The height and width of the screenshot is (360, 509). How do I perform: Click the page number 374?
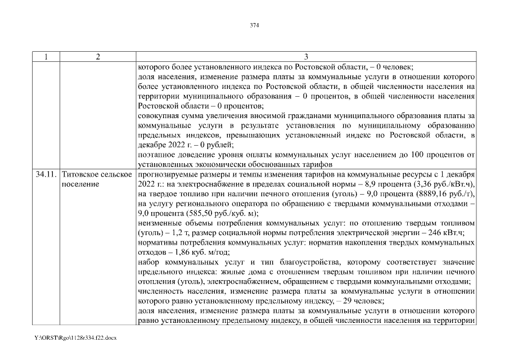point(254,25)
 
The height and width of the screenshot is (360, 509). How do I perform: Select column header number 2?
point(97,57)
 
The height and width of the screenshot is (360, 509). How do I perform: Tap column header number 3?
point(306,57)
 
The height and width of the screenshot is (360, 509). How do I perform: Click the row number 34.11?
point(46,175)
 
